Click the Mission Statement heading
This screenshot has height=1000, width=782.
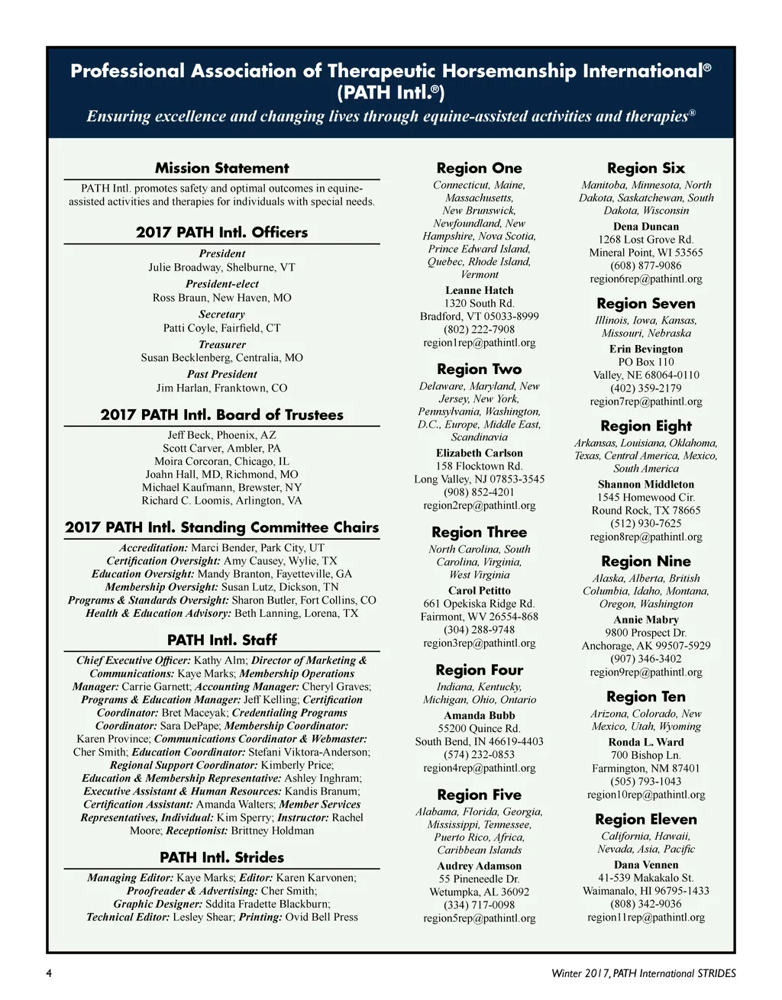(x=221, y=168)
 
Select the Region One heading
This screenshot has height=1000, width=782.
(x=479, y=168)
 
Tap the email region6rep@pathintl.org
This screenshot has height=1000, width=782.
(x=645, y=279)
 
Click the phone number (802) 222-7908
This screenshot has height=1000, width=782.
(x=479, y=330)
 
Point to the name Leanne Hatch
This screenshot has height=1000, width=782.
(x=479, y=290)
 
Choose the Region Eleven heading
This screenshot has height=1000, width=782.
(x=645, y=819)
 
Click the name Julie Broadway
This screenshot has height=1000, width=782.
(x=180, y=267)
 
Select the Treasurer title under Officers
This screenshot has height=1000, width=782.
(x=221, y=344)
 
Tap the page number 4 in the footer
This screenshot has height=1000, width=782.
(x=49, y=973)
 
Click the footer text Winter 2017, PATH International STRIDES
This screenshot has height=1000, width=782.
(x=643, y=973)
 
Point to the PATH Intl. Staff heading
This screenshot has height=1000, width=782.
(x=221, y=640)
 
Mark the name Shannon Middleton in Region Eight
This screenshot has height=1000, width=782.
(x=645, y=484)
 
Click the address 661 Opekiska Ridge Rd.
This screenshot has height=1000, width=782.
(x=479, y=604)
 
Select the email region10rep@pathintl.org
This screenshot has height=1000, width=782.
(x=645, y=795)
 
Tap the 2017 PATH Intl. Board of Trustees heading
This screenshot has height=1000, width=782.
(x=221, y=415)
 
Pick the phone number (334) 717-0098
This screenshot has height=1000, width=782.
(x=479, y=905)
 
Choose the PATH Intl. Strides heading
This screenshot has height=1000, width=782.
(x=221, y=857)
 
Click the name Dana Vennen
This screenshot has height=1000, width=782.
(x=645, y=865)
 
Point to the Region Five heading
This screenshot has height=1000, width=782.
(x=479, y=795)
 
